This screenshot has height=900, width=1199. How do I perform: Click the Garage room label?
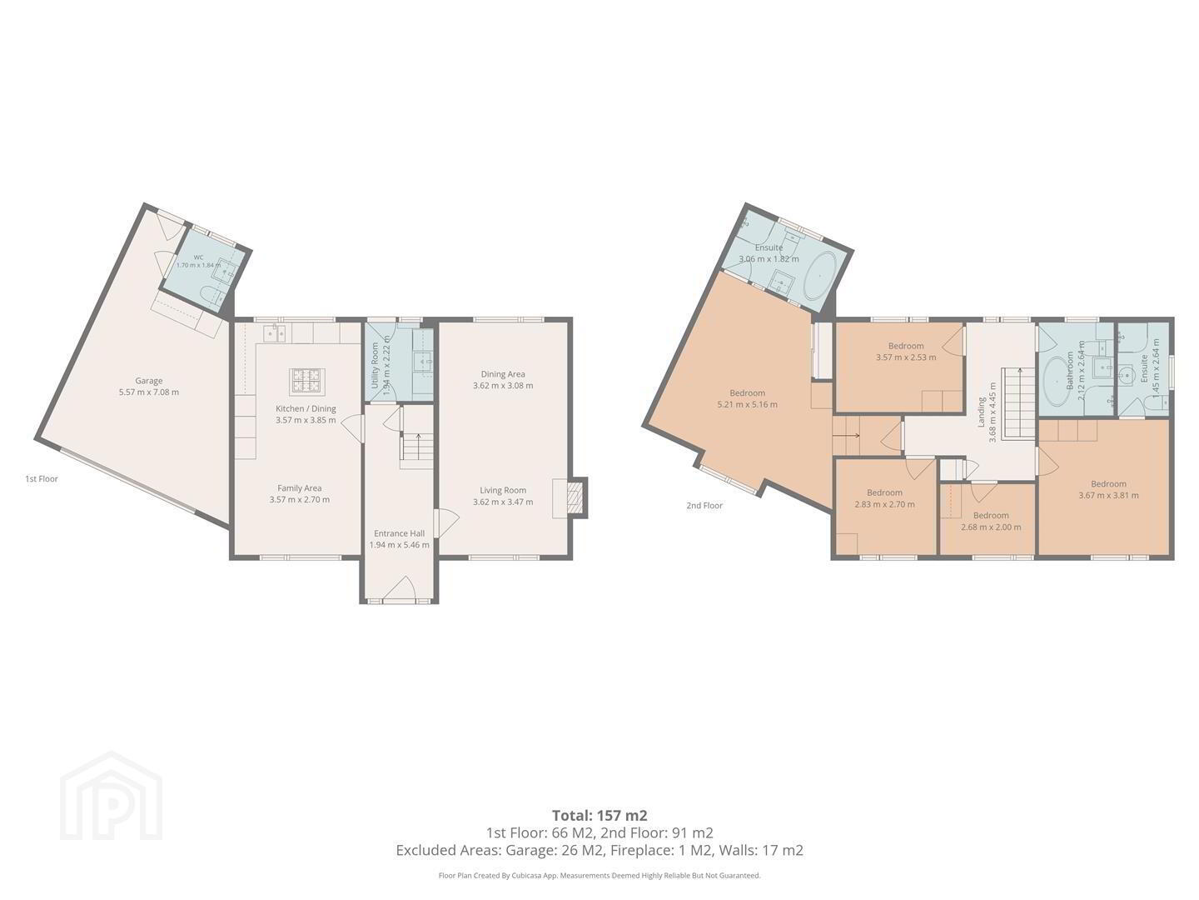pos(148,381)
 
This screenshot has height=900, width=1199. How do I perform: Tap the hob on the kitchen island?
pos(306,381)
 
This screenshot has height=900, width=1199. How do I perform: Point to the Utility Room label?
pos(375,366)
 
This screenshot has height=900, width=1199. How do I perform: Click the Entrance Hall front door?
pos(400,589)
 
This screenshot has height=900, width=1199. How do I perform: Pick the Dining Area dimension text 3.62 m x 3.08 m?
pos(503,385)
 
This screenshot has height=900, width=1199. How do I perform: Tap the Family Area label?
pos(300,488)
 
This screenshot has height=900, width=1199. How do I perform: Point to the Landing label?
pos(981,412)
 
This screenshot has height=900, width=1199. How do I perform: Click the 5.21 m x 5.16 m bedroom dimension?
pos(747,404)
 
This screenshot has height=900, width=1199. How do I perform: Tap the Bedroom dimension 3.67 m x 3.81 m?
pos(1109,496)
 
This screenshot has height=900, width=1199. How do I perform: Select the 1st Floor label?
pos(42,478)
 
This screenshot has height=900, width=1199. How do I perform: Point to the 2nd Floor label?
pos(704,506)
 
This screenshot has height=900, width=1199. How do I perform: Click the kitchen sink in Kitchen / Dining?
pos(274,332)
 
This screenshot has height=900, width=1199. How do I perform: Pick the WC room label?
pos(198,257)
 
